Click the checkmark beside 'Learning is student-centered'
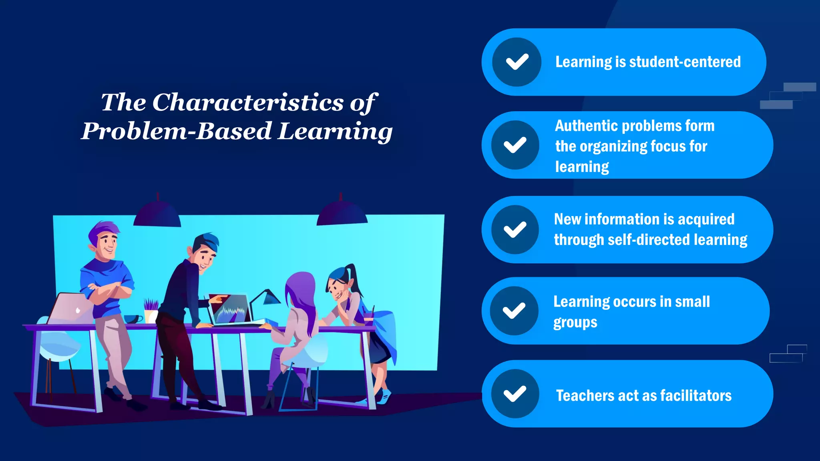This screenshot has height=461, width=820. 517,62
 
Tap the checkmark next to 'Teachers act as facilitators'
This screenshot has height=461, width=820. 515,394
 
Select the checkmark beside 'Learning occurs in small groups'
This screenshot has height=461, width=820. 514,311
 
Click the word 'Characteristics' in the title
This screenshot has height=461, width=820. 248,102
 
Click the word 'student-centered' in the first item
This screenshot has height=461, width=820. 685,62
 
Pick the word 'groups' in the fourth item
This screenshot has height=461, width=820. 575,323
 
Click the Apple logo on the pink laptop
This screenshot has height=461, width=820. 78,310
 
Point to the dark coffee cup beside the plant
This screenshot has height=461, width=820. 133,319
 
